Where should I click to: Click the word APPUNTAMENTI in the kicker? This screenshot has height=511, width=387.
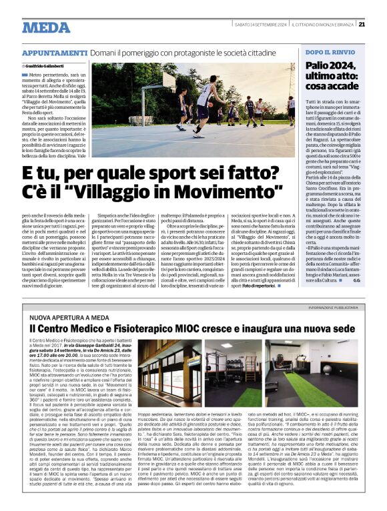pos(53,53)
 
